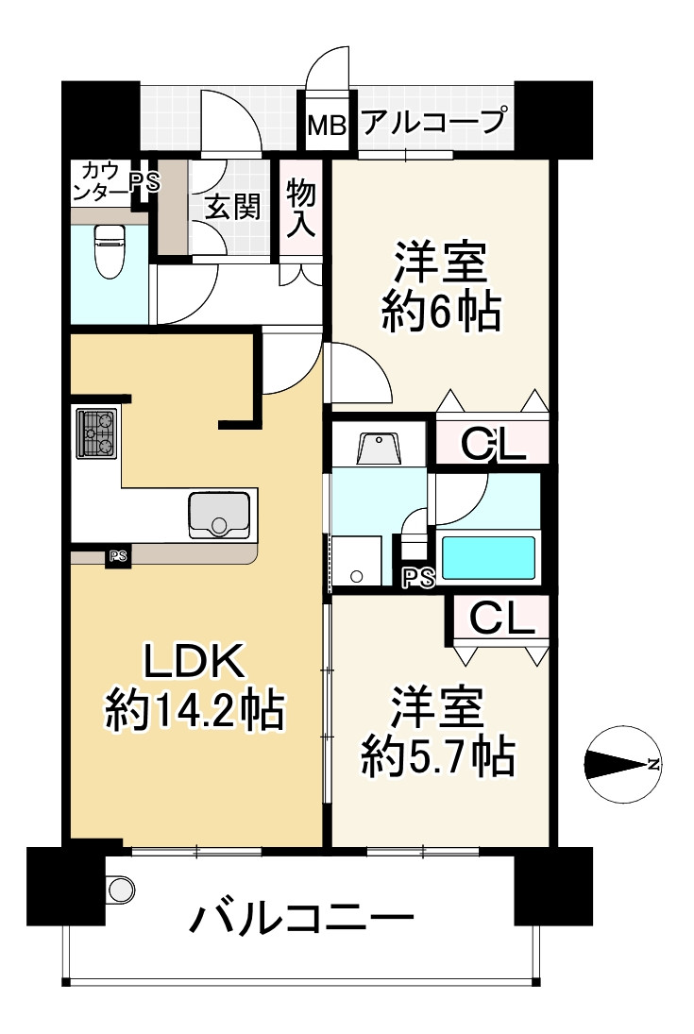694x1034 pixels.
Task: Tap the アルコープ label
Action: pos(434,122)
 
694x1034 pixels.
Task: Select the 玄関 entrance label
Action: pos(232,208)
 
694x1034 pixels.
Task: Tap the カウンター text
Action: pos(100,180)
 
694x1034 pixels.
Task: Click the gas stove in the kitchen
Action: pos(95,432)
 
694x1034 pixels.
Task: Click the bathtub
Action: pos(490,558)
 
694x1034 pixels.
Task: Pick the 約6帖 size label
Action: pos(440,313)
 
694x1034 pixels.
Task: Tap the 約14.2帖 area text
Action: pos(195,711)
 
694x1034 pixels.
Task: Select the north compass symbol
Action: pos(623,764)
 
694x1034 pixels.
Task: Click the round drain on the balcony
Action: pos(121,888)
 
